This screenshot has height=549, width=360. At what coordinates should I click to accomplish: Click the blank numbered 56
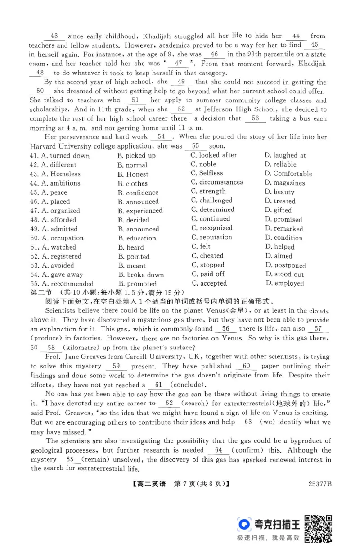tap(226, 329)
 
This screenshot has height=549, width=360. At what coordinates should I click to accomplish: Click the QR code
tap(318, 528)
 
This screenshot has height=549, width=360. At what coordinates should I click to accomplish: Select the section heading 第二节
tap(41, 293)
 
